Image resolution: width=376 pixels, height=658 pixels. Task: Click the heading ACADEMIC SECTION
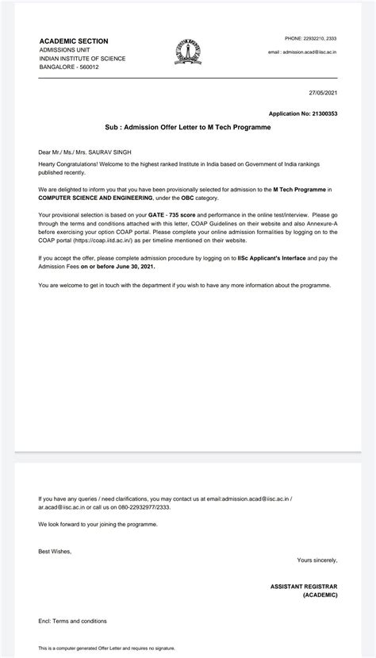point(74,41)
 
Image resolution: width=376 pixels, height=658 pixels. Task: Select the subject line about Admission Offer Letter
point(188,127)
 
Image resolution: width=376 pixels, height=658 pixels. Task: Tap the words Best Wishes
point(55,550)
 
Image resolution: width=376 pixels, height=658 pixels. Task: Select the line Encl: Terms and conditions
point(72,621)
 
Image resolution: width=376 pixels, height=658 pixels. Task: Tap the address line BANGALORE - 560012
point(70,67)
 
